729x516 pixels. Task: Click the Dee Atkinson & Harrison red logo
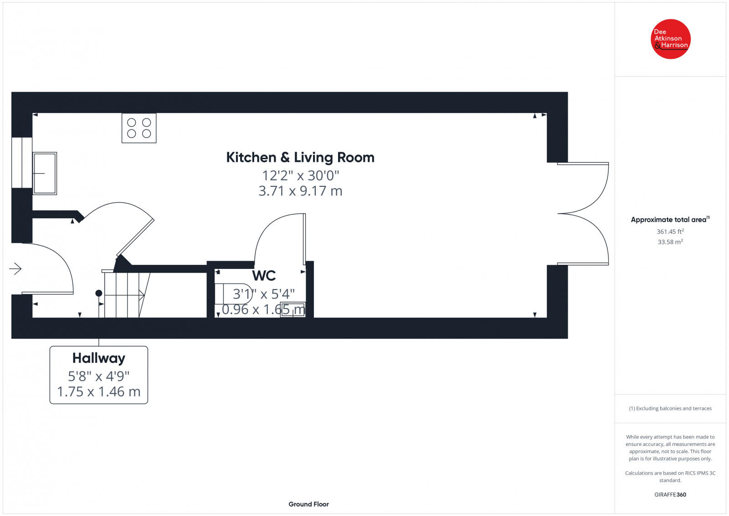point(671,39)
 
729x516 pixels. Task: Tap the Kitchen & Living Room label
point(300,158)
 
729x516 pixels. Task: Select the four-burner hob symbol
point(139,128)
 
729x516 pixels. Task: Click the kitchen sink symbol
point(45,173)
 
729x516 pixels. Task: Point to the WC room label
point(264,276)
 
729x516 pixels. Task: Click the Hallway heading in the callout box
point(98,358)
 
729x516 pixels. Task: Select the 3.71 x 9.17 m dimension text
point(300,191)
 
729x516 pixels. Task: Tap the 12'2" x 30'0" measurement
point(300,175)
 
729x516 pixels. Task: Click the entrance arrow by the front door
point(15,269)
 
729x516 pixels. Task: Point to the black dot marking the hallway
point(98,293)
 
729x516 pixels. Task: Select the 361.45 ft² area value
point(670,232)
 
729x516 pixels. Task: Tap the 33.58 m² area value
point(670,242)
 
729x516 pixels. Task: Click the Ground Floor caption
point(308,504)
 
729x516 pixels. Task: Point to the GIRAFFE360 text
point(670,495)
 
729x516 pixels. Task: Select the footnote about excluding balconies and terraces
point(670,408)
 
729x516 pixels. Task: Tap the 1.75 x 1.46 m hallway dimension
point(98,392)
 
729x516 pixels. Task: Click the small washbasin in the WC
point(293,310)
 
